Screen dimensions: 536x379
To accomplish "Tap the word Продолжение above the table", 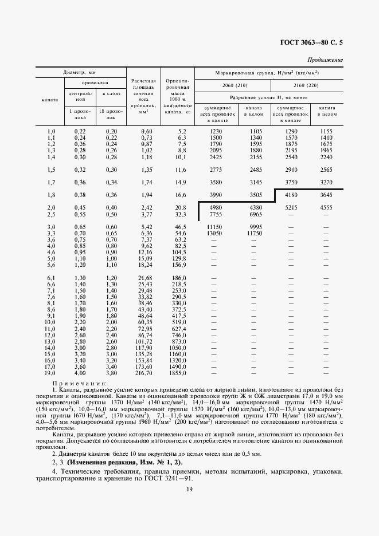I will click(325, 60).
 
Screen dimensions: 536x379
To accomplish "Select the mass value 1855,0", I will click(178, 373).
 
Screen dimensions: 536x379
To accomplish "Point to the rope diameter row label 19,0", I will click(50, 373).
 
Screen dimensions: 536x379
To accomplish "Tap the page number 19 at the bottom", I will click(189, 504).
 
